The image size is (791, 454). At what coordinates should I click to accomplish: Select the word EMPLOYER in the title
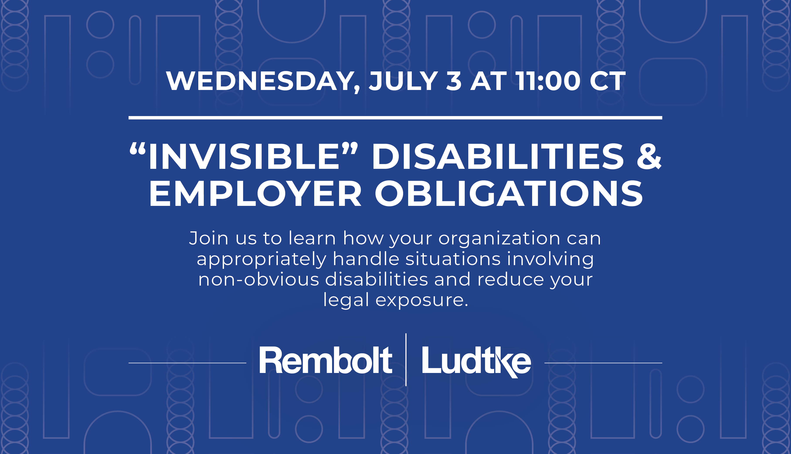coord(255,194)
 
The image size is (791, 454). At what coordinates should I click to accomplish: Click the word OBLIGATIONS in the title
coord(509,194)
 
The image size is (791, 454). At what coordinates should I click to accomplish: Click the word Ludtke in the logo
coord(476,362)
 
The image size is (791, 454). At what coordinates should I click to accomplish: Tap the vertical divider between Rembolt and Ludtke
coord(406,359)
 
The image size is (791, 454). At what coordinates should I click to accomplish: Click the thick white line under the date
coord(395,118)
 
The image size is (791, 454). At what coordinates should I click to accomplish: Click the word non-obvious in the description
coord(259,279)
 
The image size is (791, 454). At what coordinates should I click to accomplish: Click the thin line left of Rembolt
coord(187,363)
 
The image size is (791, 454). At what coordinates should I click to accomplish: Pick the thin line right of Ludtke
coord(603,363)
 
